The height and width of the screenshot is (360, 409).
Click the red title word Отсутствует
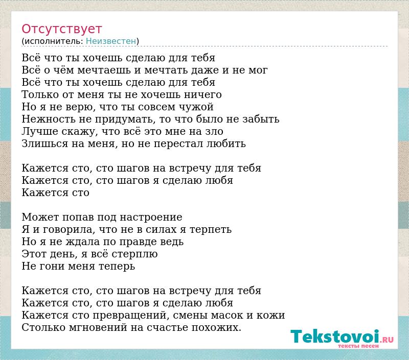(x=61, y=29)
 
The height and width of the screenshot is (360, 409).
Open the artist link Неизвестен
(x=111, y=41)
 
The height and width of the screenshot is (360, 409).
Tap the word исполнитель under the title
(x=54, y=41)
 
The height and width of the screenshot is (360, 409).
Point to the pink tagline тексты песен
(x=358, y=346)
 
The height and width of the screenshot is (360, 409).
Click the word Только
(x=40, y=94)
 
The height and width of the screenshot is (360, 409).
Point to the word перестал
(x=178, y=144)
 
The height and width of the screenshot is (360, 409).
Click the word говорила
(x=67, y=229)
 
